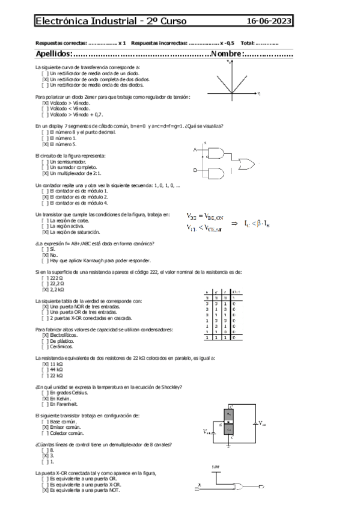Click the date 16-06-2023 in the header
click(x=270, y=22)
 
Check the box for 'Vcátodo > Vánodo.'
click(x=44, y=103)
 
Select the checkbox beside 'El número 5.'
click(x=44, y=144)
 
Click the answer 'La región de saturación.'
click(x=75, y=232)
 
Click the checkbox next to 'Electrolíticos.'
click(x=44, y=335)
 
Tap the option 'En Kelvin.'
click(x=60, y=398)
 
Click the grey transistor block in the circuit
click(x=228, y=425)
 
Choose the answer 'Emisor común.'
click(x=66, y=427)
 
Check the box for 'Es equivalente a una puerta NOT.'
click(x=44, y=491)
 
